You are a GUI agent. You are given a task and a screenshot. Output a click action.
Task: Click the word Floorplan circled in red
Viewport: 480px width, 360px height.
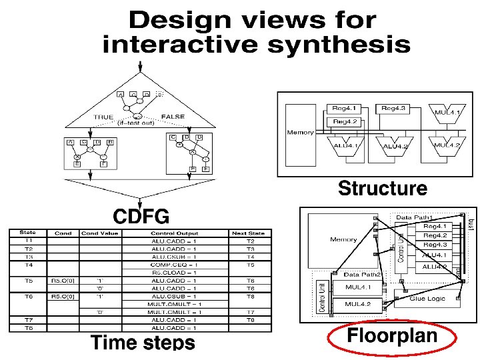pyautogui.click(x=392, y=336)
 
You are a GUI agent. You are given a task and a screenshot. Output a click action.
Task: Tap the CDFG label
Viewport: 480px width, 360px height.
pyautogui.click(x=141, y=217)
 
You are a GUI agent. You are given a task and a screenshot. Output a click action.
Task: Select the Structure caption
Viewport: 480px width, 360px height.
pyautogui.click(x=382, y=189)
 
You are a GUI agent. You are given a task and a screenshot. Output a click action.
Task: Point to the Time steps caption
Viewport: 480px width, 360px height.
pyautogui.click(x=143, y=343)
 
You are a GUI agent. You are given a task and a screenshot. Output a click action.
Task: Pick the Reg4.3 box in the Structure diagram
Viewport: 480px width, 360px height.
pyautogui.click(x=394, y=108)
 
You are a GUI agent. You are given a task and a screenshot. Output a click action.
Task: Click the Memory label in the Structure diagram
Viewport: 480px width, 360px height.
pyautogui.click(x=300, y=133)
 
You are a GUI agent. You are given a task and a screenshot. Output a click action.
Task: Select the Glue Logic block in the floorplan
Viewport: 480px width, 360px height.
pyautogui.click(x=427, y=299)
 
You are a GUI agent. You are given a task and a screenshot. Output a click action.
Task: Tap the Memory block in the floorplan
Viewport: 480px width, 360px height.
pyautogui.click(x=343, y=239)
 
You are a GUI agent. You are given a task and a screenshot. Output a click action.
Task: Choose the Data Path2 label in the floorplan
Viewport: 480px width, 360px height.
pyautogui.click(x=361, y=274)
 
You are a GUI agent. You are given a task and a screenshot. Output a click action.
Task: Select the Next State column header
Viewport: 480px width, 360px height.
pyautogui.click(x=249, y=233)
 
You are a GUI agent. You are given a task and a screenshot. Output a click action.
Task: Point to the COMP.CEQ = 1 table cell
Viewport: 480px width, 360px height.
pyautogui.click(x=174, y=265)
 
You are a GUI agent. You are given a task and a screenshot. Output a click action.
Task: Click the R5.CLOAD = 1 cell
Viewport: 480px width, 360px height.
pyautogui.click(x=174, y=273)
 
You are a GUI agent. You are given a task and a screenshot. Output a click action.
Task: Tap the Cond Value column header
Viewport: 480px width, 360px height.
pyautogui.click(x=99, y=233)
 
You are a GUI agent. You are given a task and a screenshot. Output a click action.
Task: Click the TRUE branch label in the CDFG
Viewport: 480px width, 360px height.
pyautogui.click(x=103, y=117)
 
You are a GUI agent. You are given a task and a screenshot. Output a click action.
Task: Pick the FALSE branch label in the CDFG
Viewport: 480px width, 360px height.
pyautogui.click(x=172, y=117)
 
